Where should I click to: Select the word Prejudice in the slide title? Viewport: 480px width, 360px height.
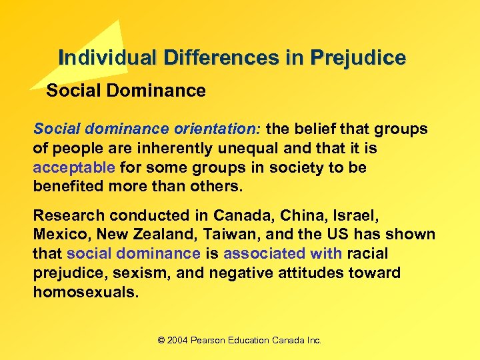coord(357,58)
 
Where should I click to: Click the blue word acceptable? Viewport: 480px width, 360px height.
coord(74,167)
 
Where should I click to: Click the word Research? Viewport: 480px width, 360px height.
coord(69,215)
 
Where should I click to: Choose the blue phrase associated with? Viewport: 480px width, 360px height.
coord(283,253)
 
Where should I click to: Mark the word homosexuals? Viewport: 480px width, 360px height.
coord(86,292)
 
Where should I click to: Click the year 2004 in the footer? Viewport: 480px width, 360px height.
coord(177,340)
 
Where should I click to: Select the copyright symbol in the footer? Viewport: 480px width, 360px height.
coord(161,340)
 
